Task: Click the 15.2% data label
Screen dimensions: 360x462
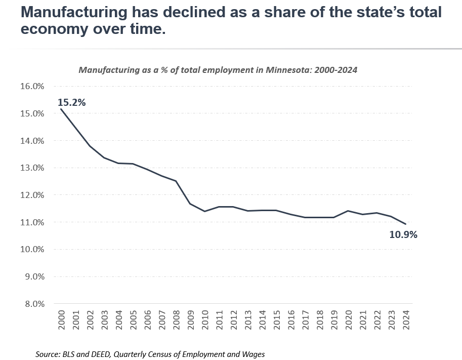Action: point(72,102)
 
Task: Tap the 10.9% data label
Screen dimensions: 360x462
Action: point(403,235)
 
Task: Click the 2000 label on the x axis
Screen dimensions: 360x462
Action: point(61,321)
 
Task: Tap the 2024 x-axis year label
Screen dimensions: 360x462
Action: point(406,321)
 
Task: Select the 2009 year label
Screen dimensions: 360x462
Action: point(190,321)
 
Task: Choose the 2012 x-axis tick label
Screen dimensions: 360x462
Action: point(233,321)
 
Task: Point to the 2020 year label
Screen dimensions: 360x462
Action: point(348,321)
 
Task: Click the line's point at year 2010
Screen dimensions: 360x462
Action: point(204,211)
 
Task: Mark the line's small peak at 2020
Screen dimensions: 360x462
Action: point(348,211)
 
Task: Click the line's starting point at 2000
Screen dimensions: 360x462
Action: point(61,109)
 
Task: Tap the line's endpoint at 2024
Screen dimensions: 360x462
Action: point(406,224)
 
